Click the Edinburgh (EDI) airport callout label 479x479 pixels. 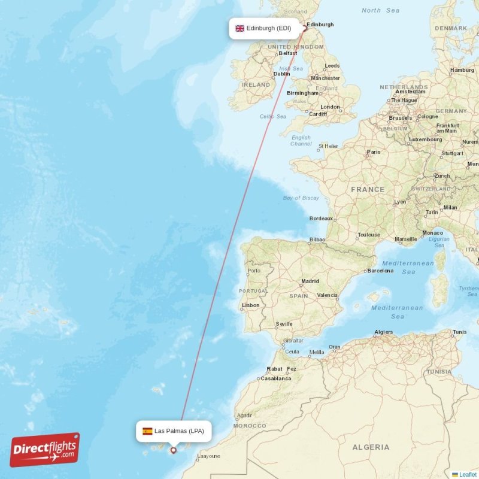tap(264, 28)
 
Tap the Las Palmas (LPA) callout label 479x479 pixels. tap(174, 431)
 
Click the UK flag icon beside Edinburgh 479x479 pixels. tap(239, 28)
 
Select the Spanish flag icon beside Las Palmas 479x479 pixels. tap(147, 431)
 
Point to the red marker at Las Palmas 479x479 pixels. tap(174, 450)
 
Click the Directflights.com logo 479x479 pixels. tap(44, 450)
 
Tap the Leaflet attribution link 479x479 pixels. tap(468, 474)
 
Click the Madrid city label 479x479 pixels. tap(310, 281)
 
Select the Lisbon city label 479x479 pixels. tap(250, 305)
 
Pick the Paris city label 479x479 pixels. tap(374, 152)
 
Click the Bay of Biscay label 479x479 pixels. tap(301, 198)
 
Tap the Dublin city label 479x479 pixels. tap(281, 74)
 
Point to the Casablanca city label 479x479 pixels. tap(276, 378)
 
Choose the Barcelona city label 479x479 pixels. tap(380, 271)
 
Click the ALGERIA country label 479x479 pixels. tap(371, 447)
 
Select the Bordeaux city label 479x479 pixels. tap(321, 219)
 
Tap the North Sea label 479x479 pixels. tap(380, 10)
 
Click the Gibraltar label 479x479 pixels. tap(293, 341)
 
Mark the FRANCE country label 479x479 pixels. tap(368, 189)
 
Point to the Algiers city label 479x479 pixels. tap(383, 332)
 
